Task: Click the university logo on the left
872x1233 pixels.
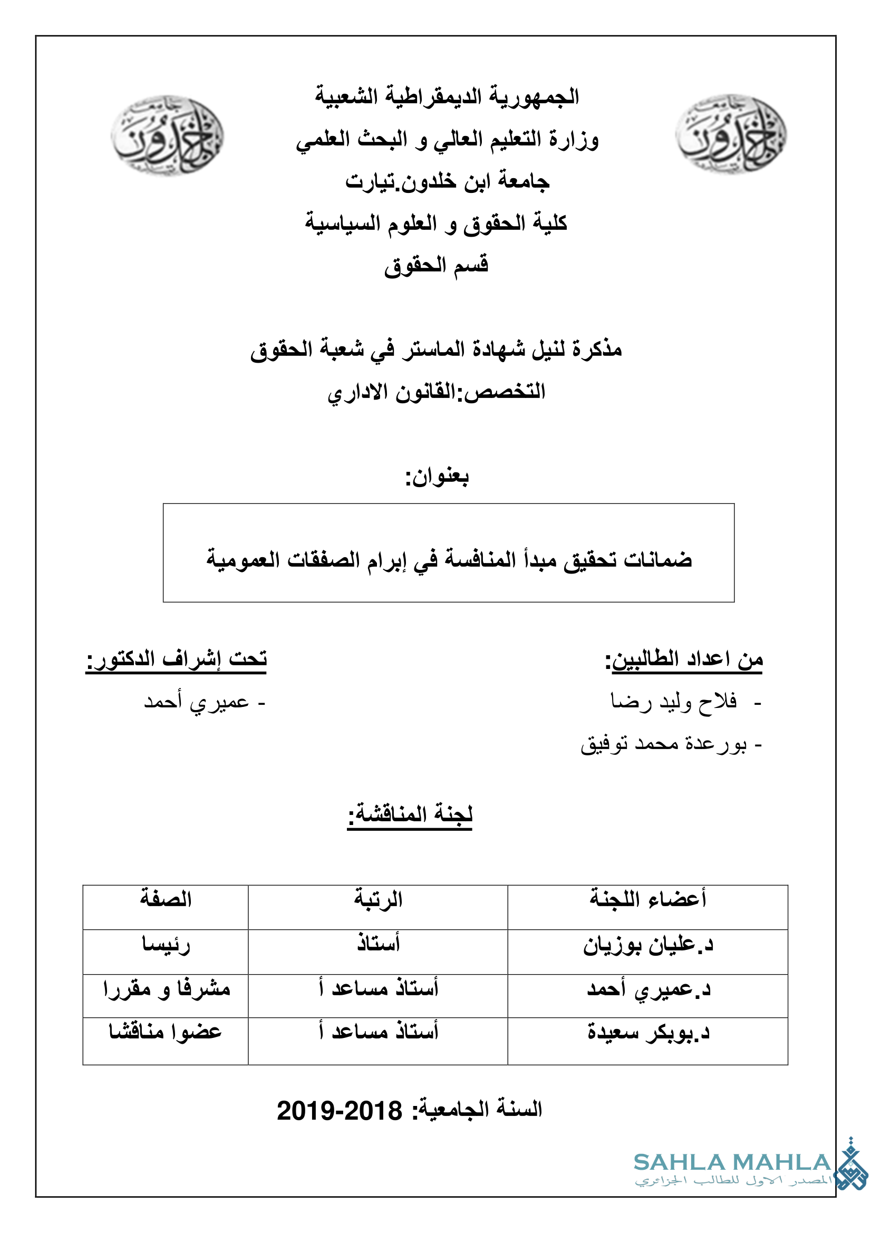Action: (x=167, y=135)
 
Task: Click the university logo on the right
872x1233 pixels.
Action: (x=730, y=135)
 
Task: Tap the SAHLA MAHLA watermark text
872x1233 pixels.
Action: (x=732, y=1163)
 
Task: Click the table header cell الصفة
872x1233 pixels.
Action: (x=166, y=899)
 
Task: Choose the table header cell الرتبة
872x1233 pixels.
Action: (x=378, y=899)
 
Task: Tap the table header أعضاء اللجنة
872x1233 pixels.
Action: (x=647, y=898)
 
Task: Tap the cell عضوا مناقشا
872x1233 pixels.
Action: (x=166, y=1032)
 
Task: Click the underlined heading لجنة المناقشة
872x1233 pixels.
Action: (x=410, y=814)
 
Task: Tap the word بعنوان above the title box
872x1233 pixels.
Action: (x=437, y=477)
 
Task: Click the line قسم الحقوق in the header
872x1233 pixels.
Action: (x=436, y=266)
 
